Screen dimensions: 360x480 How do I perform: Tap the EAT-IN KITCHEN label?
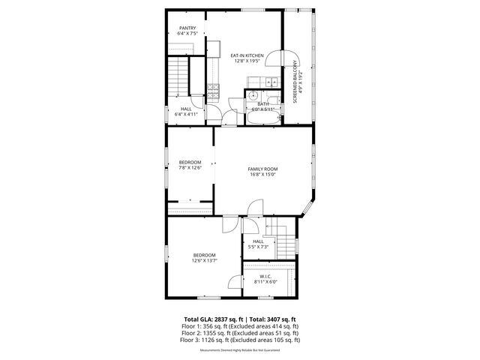click(x=247, y=57)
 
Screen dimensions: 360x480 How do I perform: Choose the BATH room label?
click(x=263, y=104)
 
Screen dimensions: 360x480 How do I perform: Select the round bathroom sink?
click(x=253, y=95)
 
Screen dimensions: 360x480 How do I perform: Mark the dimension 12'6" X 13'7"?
click(x=204, y=262)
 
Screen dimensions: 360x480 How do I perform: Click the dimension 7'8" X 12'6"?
click(x=190, y=168)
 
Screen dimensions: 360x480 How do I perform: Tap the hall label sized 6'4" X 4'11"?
click(x=185, y=112)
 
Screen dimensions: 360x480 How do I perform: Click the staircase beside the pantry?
click(x=178, y=75)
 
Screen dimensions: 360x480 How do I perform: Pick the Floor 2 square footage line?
click(x=240, y=333)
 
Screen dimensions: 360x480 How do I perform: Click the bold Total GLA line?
click(x=240, y=319)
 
